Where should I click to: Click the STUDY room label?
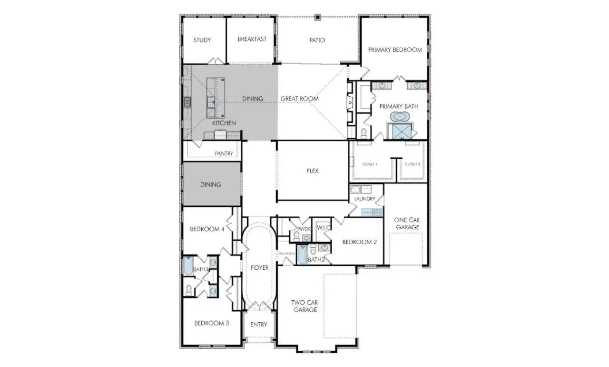pos(202,40)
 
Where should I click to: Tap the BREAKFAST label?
pos(252,39)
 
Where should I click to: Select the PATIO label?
pos(317,40)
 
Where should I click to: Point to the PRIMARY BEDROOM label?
pos(395,50)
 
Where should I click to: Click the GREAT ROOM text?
pos(299,99)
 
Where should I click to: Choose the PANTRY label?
pos(224,153)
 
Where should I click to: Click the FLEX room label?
pos(312,171)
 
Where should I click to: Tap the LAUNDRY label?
pos(364,199)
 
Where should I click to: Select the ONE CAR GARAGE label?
pos(407,224)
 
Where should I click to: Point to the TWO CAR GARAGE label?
pos(304,306)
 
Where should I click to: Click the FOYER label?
pos(259,268)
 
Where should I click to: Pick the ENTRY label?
pos(259,325)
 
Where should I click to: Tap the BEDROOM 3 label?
pos(212,323)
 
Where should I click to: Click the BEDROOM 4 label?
pos(207,229)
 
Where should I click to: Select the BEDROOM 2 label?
pos(360,242)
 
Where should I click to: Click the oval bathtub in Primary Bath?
pos(399,116)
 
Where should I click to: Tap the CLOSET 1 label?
pos(370,164)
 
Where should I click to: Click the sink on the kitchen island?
pos(210,101)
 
